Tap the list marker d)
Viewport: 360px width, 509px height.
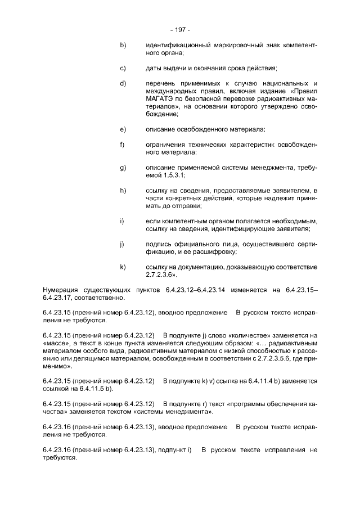[x=122, y=83]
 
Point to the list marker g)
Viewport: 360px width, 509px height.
[x=122, y=167]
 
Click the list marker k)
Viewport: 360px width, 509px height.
[x=122, y=266]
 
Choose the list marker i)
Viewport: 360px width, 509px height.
[x=121, y=220]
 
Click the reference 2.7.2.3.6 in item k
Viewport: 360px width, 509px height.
[x=160, y=274]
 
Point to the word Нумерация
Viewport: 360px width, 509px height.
[x=61, y=289]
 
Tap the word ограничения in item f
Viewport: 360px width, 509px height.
[x=165, y=145]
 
